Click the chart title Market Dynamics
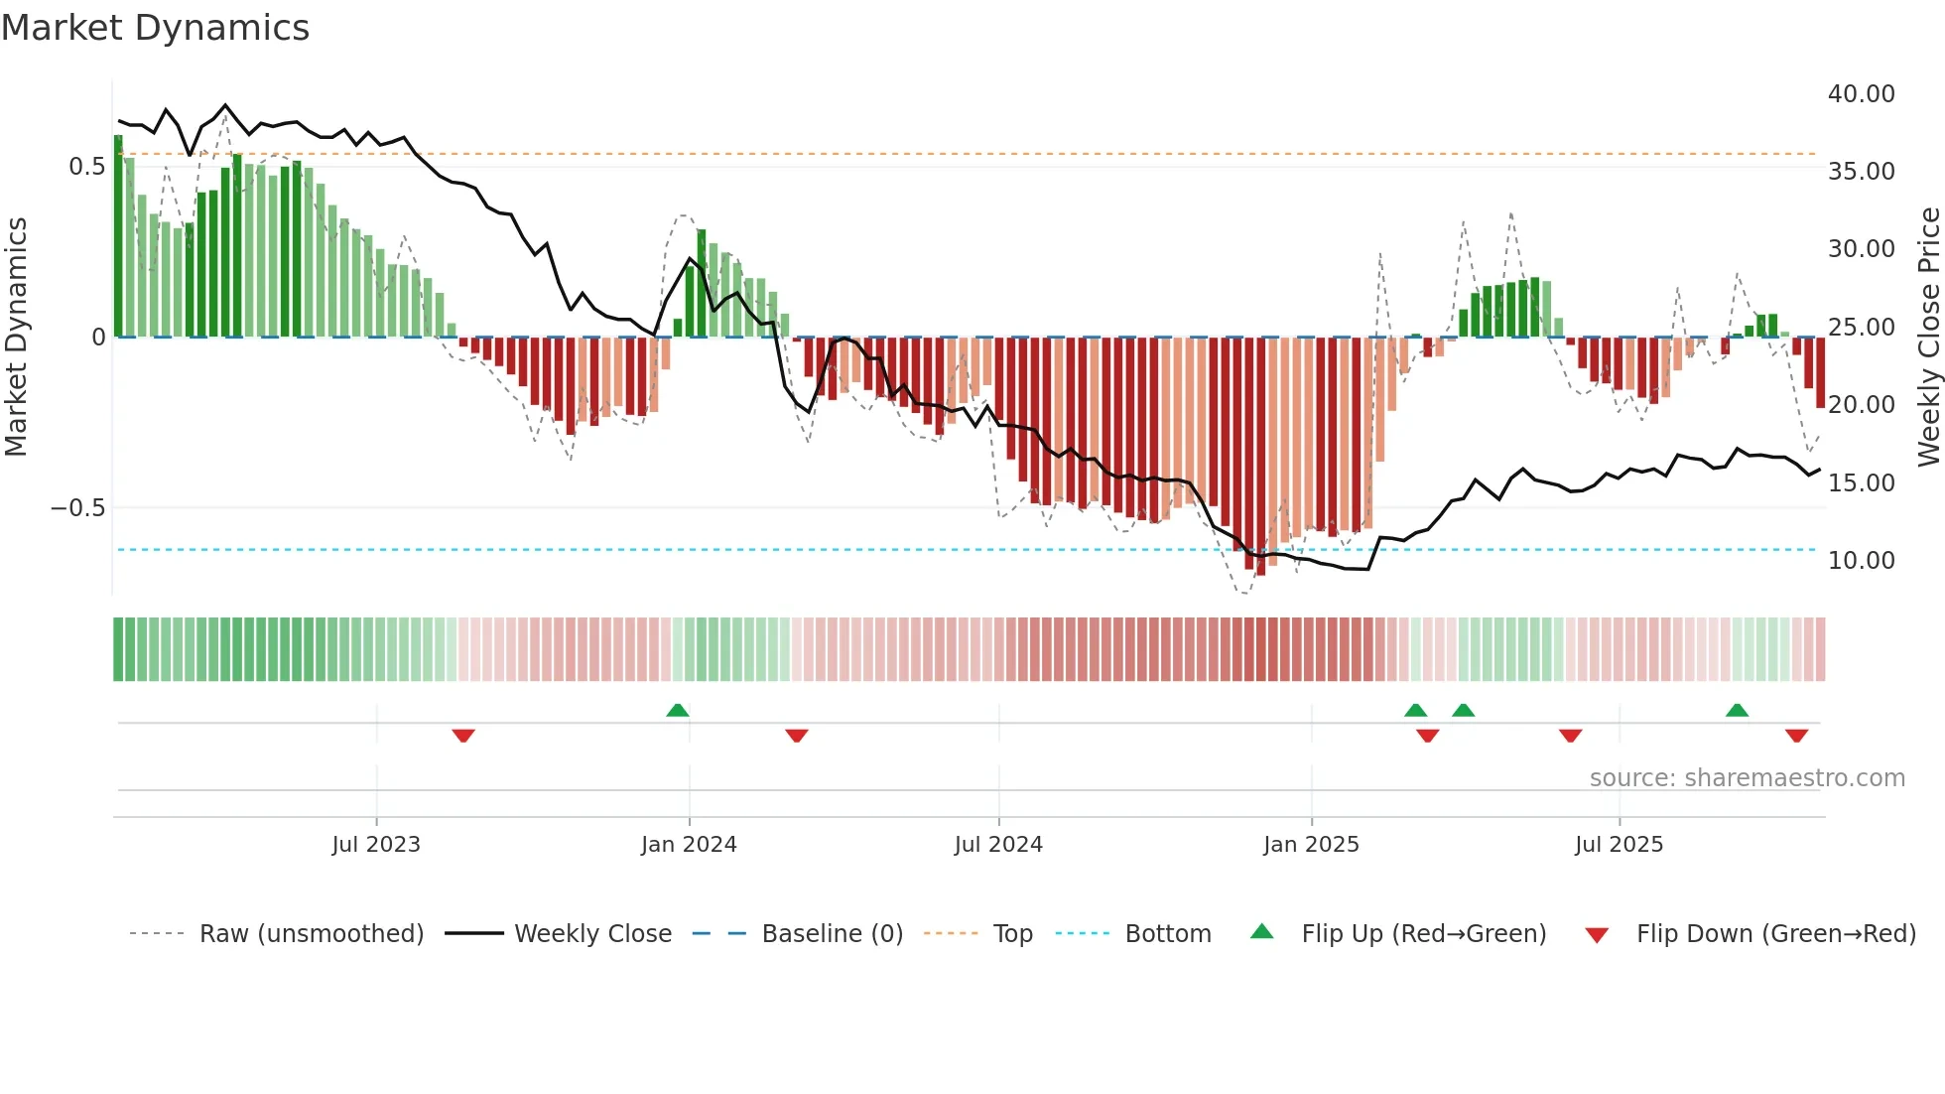155,28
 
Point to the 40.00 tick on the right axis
1861,94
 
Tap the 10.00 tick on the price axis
1861,561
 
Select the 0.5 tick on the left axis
86,167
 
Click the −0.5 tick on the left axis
77,508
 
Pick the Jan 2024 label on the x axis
689,845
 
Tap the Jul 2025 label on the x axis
1619,845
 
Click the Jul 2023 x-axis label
376,845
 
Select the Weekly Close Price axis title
1928,337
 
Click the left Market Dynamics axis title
16,337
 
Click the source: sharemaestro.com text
1747,778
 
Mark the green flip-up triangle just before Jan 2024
678,711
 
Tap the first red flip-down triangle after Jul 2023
463,736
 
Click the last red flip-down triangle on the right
1796,736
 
